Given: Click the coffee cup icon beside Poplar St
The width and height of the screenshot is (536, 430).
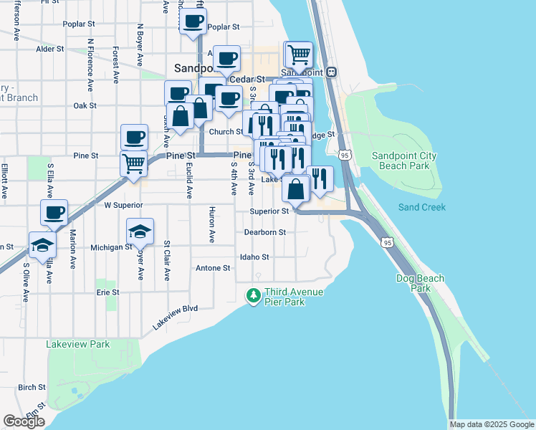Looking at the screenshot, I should point(192,21).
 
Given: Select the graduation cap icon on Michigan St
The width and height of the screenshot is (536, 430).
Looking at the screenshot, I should point(140,231).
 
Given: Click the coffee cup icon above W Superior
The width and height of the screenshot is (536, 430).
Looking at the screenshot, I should point(54,212).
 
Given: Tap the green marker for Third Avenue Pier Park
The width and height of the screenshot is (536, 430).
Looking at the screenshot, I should point(253,295).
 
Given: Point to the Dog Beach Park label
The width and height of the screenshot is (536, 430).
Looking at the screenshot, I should point(421,283).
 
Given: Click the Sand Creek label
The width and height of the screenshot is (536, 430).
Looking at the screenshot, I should point(422,207).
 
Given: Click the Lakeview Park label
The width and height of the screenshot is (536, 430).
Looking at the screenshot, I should point(78,344).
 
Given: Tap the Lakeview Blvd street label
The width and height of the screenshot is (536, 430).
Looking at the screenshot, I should point(174,317).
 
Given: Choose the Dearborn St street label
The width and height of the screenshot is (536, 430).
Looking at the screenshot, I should point(264,232).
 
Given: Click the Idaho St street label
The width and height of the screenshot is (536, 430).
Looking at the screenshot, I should point(254,257).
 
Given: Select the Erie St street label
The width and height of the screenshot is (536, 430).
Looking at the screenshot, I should point(107,292).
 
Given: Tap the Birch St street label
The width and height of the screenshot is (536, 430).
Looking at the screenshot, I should point(32,387).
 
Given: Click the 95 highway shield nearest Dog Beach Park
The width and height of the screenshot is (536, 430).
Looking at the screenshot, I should point(388,243).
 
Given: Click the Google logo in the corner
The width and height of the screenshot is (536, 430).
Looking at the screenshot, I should point(24,421).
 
